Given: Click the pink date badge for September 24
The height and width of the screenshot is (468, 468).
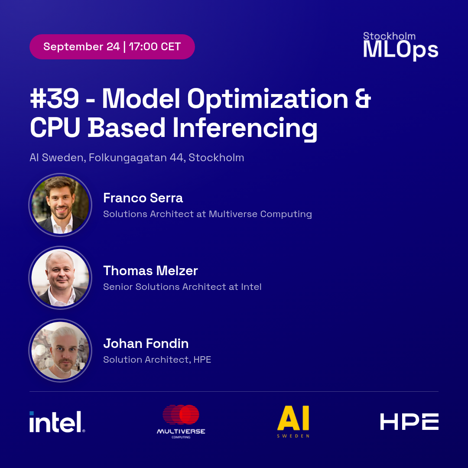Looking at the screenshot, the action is [112, 47].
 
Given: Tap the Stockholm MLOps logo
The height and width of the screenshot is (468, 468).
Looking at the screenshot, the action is [400, 46].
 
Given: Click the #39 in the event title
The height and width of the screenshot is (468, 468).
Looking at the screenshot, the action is [54, 98].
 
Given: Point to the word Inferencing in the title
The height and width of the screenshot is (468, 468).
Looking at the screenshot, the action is [245, 128].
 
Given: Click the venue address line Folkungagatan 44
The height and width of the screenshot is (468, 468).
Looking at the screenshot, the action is [137, 157].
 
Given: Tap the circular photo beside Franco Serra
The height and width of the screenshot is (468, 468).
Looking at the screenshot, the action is [60, 205].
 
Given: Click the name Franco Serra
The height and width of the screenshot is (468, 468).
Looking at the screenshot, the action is [143, 198].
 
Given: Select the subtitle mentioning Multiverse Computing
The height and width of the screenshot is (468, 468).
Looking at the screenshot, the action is [208, 214].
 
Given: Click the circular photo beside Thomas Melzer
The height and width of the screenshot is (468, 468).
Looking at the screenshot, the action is [60, 278].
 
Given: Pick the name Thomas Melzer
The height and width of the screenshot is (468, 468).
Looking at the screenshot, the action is [150, 271].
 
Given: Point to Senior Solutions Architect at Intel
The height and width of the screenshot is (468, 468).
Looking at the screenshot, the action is [182, 287].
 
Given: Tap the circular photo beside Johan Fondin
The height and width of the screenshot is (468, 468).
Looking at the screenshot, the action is [60, 351].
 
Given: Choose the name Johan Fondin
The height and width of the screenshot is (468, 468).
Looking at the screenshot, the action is [146, 344].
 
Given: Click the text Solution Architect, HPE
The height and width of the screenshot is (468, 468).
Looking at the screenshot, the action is [157, 360].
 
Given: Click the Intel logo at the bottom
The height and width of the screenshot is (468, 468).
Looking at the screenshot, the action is [57, 422].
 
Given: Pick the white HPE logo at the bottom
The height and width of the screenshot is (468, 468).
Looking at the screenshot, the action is [409, 422].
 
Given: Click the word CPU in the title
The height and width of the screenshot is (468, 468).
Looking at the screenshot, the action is [55, 128].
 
